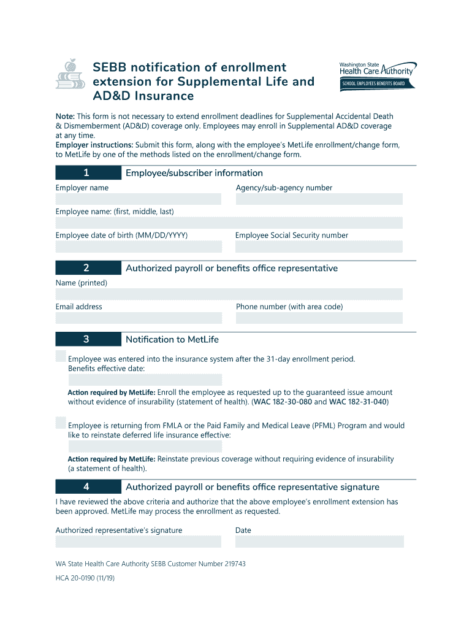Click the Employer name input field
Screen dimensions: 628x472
138,199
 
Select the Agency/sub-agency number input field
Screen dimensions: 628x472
319,199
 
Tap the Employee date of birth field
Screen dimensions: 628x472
138,247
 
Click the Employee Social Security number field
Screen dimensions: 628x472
319,247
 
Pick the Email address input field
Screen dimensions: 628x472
138,318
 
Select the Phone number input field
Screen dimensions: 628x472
319,318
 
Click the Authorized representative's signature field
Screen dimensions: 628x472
138,542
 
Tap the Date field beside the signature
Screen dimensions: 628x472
319,542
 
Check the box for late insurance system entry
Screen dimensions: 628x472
61,357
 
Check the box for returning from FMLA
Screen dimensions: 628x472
61,423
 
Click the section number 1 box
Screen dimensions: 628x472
88,173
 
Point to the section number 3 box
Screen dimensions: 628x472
88,339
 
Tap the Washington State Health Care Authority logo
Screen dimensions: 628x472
378,69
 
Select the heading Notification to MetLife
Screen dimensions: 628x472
172,339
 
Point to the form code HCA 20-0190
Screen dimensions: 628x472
85,578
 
